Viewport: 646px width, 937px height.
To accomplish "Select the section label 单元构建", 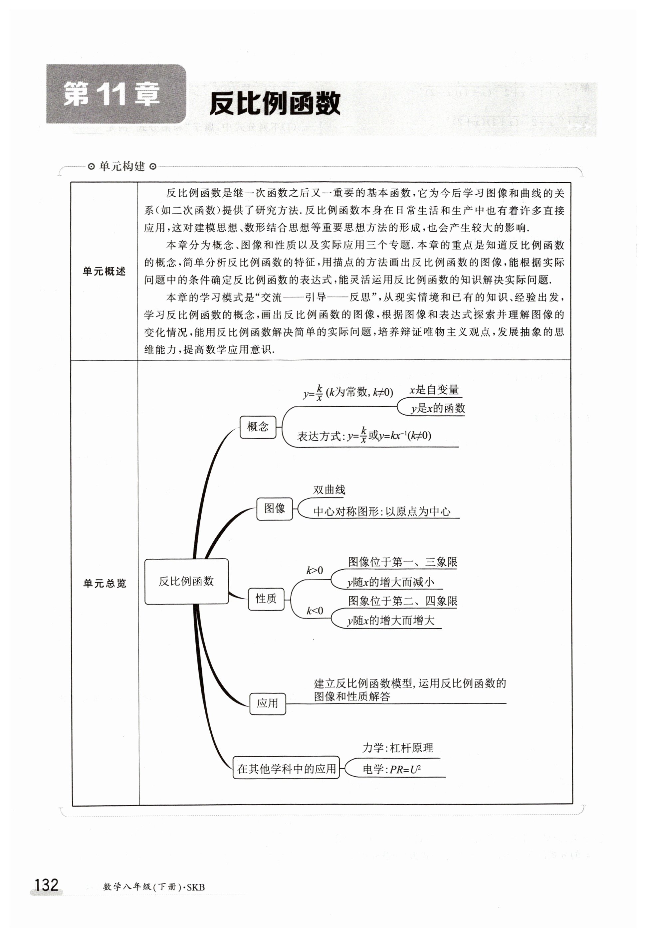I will (122, 166).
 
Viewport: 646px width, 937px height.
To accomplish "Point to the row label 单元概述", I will (104, 271).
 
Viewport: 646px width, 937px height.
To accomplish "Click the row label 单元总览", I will (105, 583).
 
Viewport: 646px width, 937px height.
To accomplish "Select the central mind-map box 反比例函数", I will (186, 581).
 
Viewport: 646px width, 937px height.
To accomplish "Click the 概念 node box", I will (258, 427).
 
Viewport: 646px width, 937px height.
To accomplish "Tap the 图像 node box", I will (275, 508).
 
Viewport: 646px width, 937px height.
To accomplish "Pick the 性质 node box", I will (266, 599).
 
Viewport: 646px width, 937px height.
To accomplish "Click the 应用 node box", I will (267, 703).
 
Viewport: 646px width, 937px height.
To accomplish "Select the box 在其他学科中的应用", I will (286, 769).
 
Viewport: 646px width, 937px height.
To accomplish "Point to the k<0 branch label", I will (315, 611).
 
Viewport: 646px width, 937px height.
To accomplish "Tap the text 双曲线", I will (329, 490).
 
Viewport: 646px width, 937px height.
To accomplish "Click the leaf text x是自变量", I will (434, 390).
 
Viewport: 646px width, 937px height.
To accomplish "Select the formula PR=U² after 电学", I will (405, 770).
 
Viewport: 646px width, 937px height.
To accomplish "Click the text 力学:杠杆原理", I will (397, 748).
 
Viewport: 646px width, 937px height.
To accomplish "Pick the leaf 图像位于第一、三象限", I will (402, 562).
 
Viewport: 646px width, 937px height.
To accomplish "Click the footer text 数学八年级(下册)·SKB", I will (154, 887).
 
